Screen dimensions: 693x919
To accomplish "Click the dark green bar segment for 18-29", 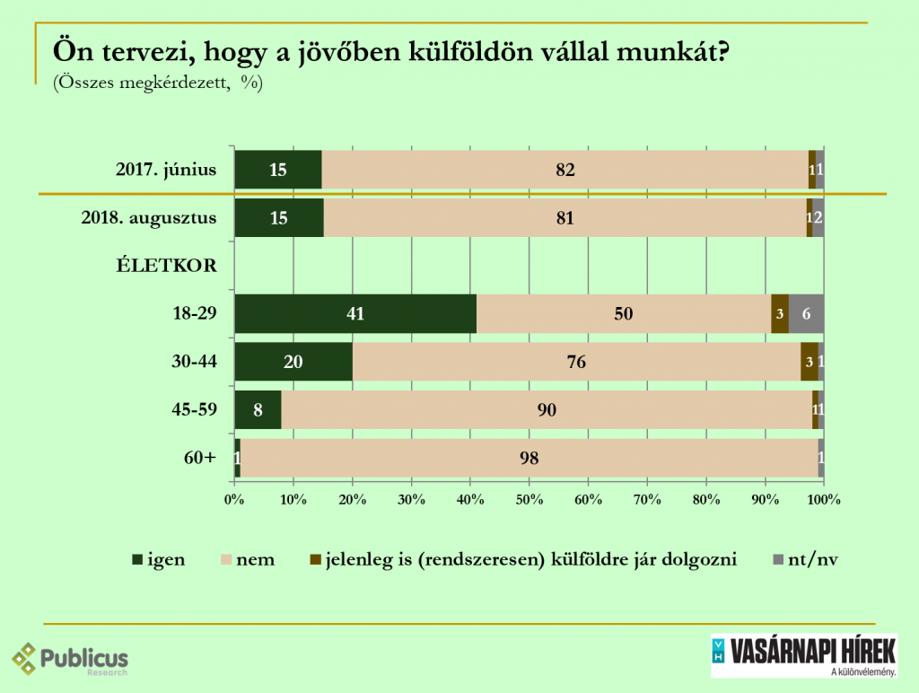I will click(355, 314).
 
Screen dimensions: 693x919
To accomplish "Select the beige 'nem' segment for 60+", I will click(529, 459).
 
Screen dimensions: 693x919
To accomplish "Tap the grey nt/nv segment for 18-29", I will click(806, 314).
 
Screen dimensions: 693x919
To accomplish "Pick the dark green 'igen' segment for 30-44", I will click(293, 363).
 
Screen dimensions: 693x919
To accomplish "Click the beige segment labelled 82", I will click(565, 169).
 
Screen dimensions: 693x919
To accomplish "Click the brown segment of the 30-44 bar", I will click(809, 363).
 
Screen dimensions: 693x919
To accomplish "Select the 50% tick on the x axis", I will click(529, 499).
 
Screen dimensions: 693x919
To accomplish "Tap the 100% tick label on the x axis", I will click(823, 499).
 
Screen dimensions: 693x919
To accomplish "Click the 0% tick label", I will click(234, 499).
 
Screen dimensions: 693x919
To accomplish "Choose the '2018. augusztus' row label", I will click(149, 218).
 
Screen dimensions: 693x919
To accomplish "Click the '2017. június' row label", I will click(166, 169).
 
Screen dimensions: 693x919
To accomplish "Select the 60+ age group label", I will click(199, 459).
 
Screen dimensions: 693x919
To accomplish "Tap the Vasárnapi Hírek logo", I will click(804, 656).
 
